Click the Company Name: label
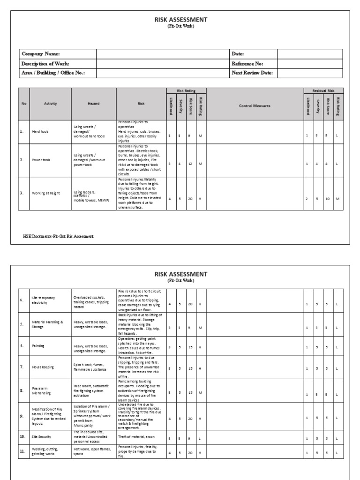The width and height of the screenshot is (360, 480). (41, 54)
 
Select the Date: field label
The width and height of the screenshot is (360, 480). (238, 54)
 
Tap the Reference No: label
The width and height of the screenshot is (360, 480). (247, 63)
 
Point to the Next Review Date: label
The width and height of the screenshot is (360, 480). (252, 73)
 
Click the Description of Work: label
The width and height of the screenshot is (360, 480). (45, 63)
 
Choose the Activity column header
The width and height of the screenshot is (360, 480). (50, 104)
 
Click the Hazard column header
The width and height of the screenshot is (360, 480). (94, 104)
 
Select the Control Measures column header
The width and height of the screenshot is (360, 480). (255, 106)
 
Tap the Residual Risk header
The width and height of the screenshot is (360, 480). (323, 90)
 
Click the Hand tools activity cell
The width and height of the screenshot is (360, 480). (40, 132)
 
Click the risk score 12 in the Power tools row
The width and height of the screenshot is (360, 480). (190, 164)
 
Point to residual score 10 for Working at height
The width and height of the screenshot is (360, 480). (327, 199)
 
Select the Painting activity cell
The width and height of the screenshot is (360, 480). (38, 345)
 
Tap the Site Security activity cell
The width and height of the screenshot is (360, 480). (42, 436)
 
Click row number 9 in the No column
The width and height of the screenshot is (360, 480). (22, 415)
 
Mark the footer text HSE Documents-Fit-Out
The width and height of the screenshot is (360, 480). (58, 236)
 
